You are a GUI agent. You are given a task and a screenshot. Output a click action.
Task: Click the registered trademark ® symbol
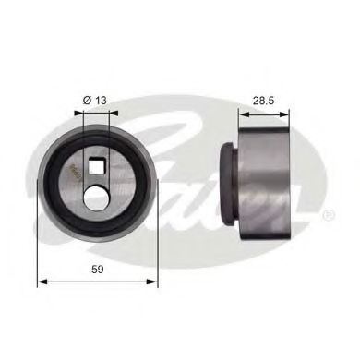329,216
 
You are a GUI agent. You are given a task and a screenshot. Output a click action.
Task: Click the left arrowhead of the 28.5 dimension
242,115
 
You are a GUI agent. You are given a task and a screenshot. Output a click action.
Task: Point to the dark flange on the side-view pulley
228,185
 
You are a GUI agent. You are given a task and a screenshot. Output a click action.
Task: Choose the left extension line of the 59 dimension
37,249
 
